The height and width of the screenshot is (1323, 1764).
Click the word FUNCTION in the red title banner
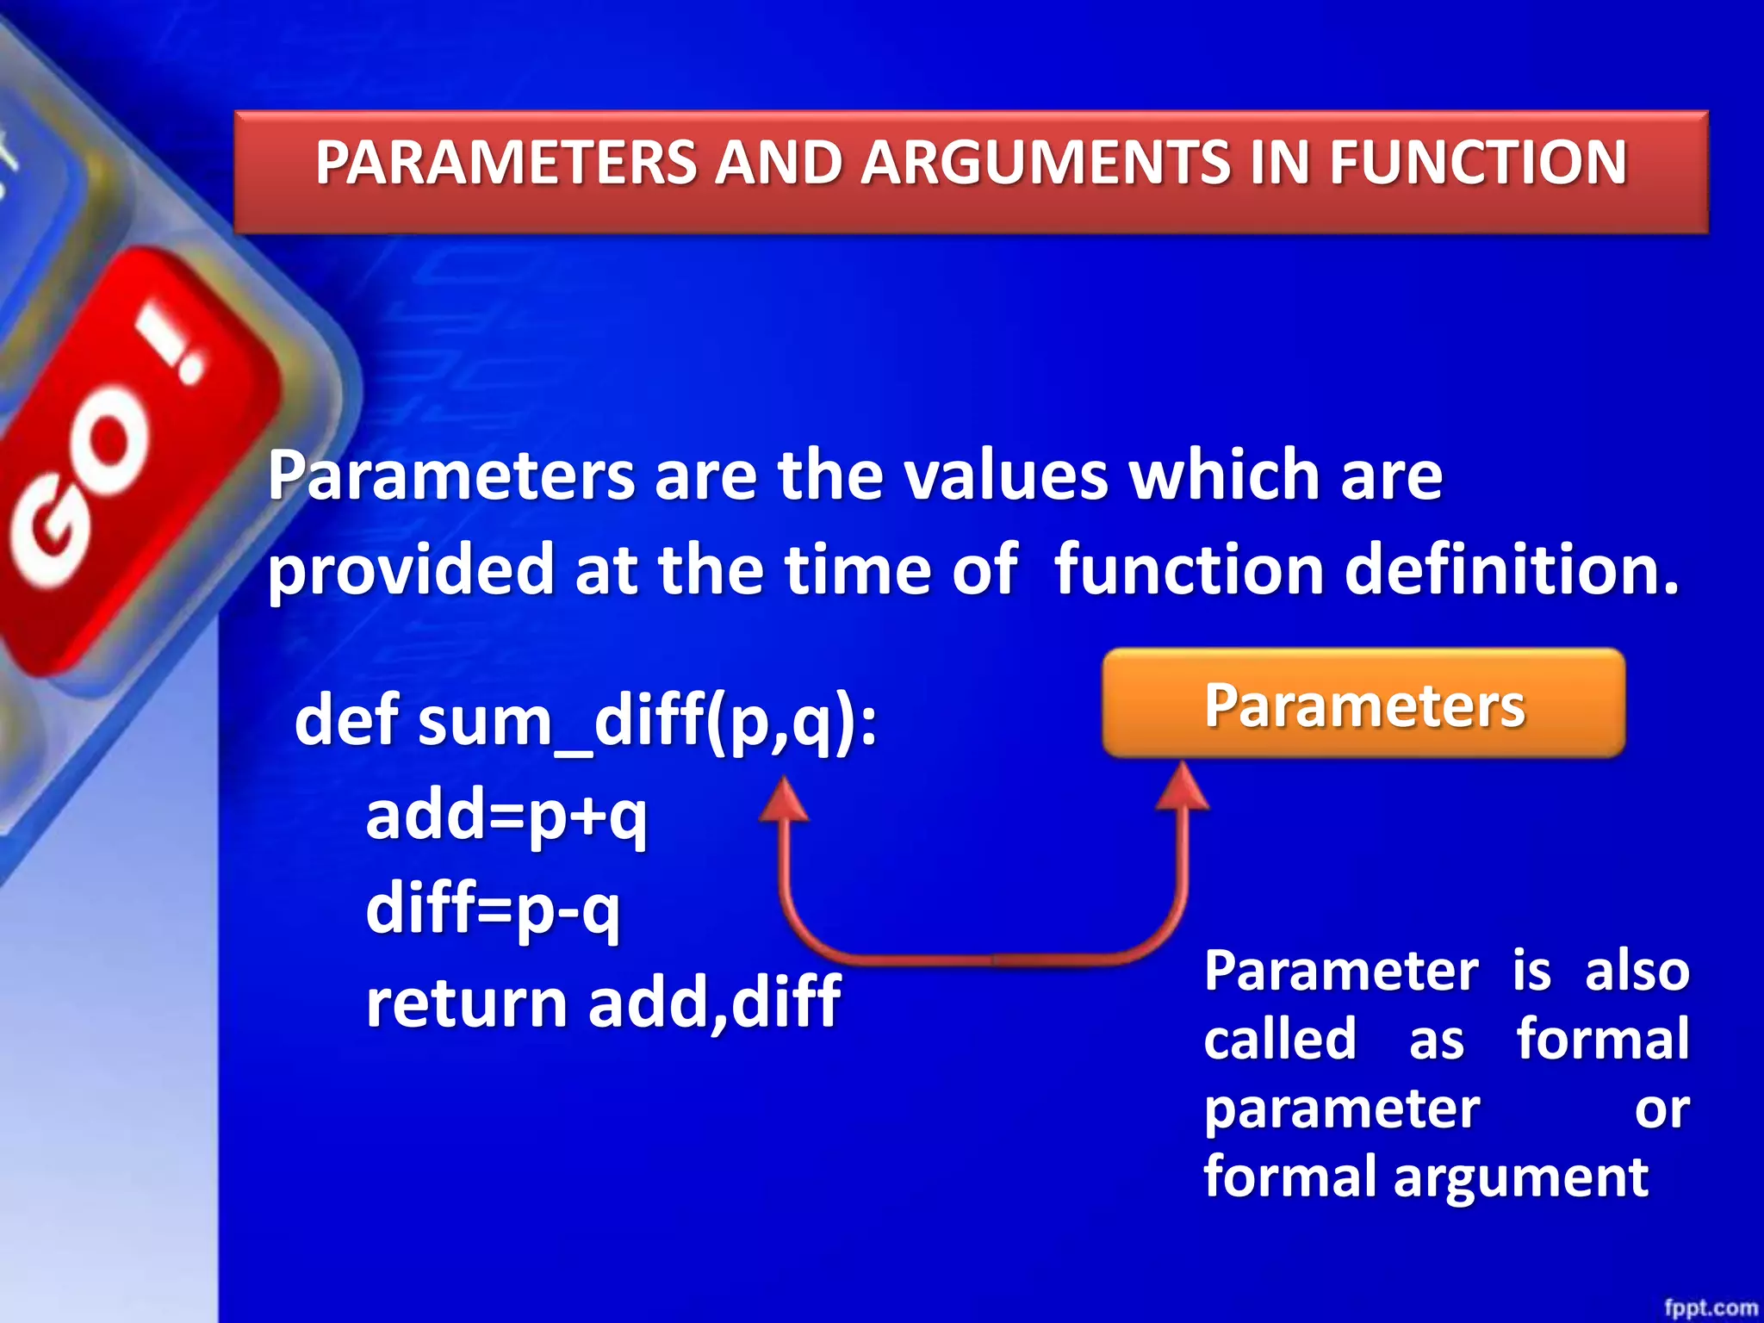1478,163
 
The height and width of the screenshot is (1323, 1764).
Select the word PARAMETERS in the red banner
506,163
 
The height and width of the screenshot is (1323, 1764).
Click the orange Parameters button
1363,705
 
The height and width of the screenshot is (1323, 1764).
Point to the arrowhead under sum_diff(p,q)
783,799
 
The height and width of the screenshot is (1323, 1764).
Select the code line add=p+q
506,816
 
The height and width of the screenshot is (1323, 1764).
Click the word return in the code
466,1003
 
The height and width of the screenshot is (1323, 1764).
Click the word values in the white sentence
1005,475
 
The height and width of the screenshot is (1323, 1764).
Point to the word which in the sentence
1225,475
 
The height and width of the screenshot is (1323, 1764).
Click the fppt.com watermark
1710,1307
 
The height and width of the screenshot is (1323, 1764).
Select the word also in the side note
1637,971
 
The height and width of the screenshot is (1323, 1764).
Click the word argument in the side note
1520,1177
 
